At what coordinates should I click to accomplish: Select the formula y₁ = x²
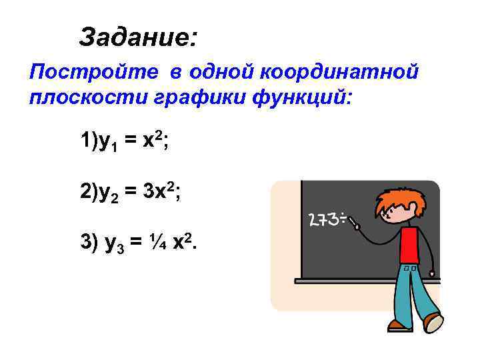123,140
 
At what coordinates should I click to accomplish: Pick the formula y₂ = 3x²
130,192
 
